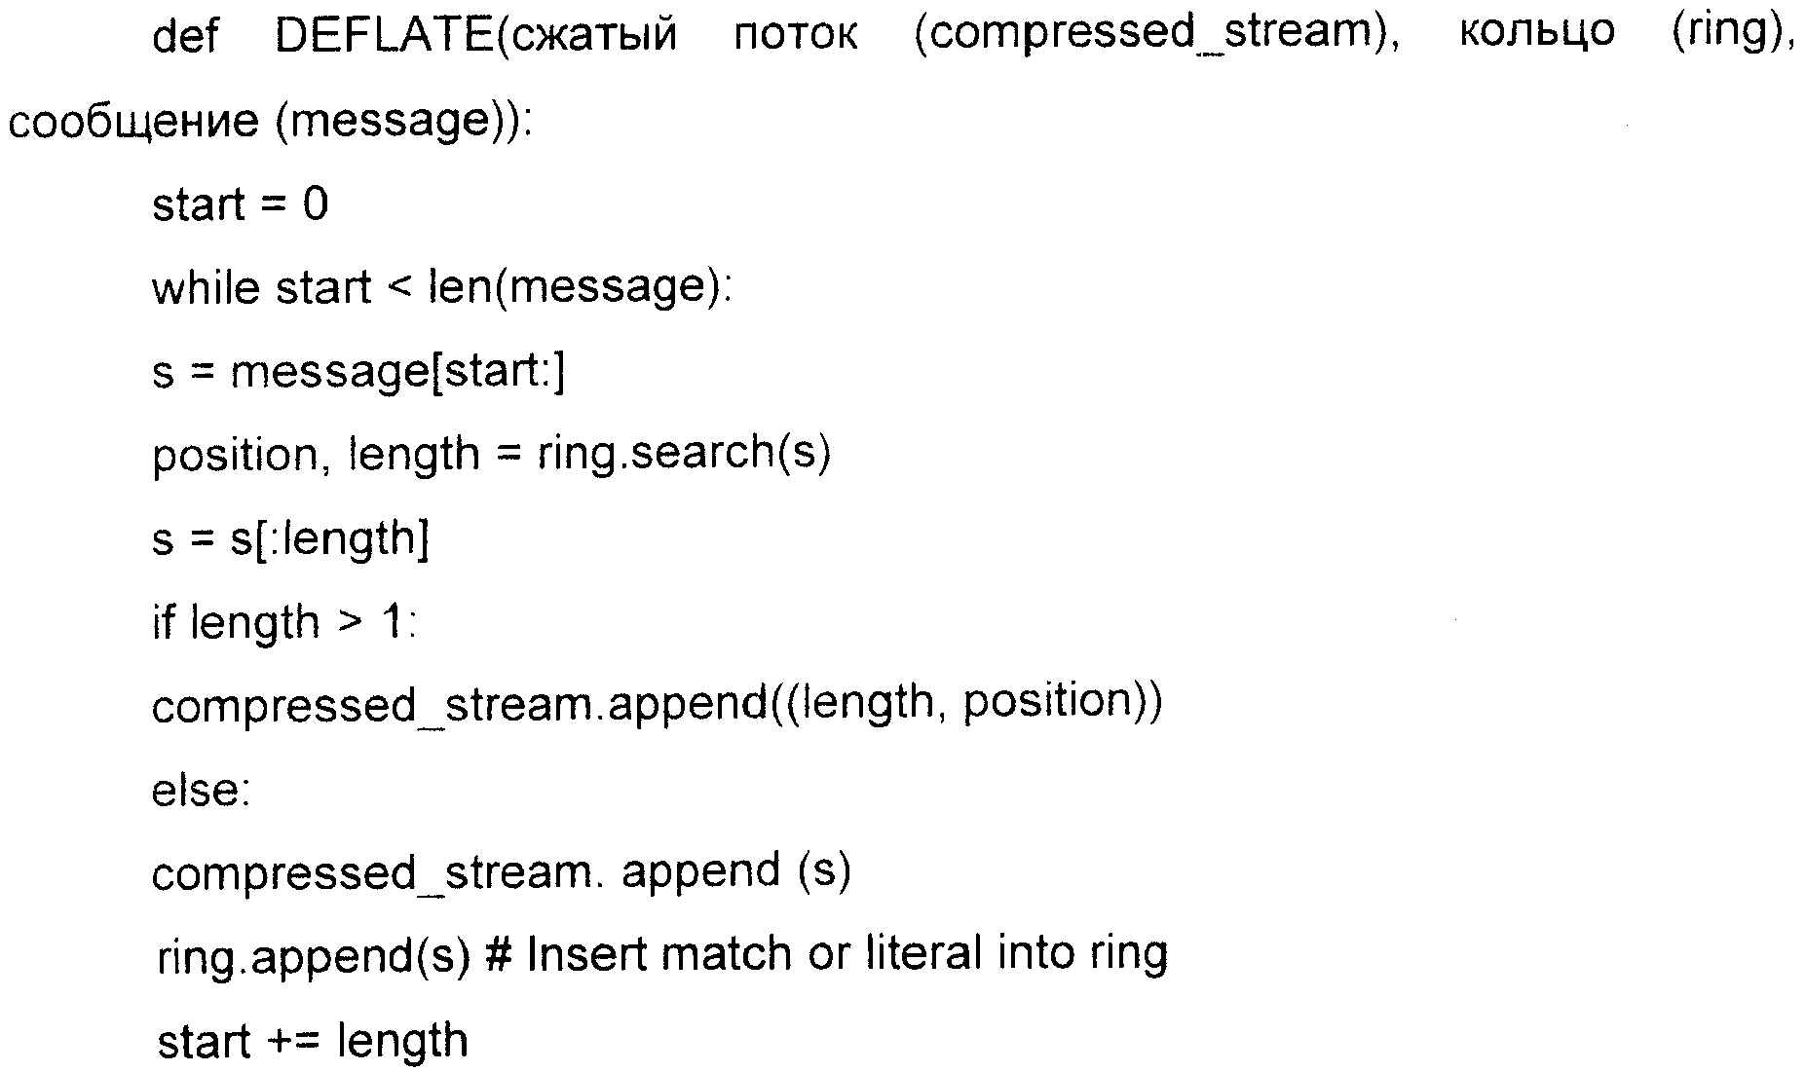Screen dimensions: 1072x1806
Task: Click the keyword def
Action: point(184,36)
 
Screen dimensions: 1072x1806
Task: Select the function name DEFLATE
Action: point(385,36)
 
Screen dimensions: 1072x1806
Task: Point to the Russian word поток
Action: point(796,36)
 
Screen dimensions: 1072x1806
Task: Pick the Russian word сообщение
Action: point(133,123)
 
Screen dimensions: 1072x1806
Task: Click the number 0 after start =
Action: point(315,205)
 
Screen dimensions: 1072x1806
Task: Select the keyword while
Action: point(204,288)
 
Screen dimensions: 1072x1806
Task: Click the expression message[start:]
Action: point(396,373)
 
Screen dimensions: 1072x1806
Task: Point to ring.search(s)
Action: point(684,454)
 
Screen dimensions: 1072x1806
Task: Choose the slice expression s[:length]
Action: point(329,538)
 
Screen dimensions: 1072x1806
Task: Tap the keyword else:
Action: point(201,790)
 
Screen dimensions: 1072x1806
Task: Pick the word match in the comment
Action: point(726,953)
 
